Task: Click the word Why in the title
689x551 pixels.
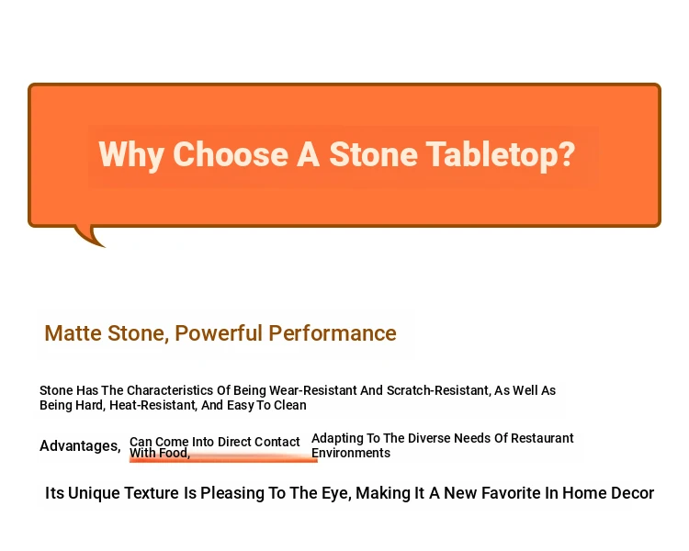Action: click(x=131, y=154)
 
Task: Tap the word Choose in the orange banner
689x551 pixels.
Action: click(x=231, y=153)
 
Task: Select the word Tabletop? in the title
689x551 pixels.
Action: click(x=501, y=154)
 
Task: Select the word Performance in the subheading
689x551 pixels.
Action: click(x=333, y=333)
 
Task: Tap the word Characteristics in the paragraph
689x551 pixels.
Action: click(x=170, y=390)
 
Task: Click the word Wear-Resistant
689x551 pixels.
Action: click(x=313, y=390)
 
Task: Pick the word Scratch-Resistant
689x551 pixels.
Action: click(x=438, y=390)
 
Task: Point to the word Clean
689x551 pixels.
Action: click(x=290, y=405)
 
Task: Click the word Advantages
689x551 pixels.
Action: click(x=80, y=446)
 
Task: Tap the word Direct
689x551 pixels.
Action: click(x=234, y=442)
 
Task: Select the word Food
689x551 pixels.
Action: click(x=175, y=453)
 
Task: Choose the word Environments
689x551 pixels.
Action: click(x=351, y=453)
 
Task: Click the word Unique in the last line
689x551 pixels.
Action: click(x=94, y=493)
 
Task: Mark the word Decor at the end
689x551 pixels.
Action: click(x=632, y=493)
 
